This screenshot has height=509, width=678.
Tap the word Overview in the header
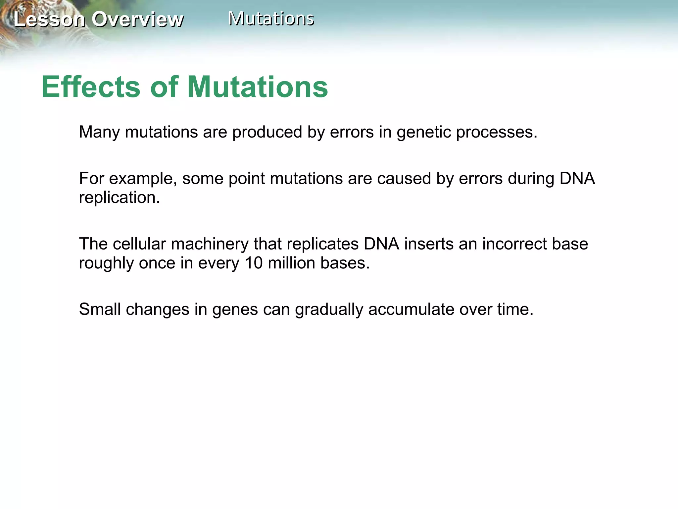pyautogui.click(x=137, y=19)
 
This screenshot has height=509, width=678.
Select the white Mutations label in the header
pyautogui.click(x=271, y=19)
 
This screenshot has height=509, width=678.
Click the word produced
pyautogui.click(x=267, y=132)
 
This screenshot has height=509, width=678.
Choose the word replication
pyautogui.click(x=119, y=198)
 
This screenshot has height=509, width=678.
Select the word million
pyautogui.click(x=291, y=263)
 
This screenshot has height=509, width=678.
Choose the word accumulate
pyautogui.click(x=411, y=310)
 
